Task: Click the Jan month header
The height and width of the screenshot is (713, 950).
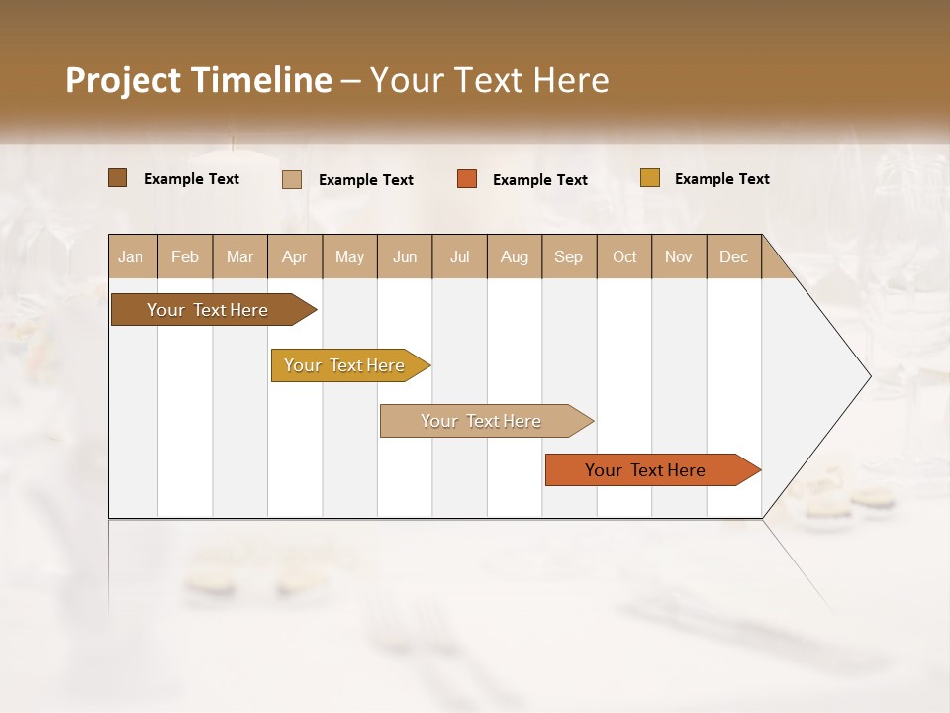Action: click(x=131, y=256)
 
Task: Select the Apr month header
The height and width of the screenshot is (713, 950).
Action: click(x=294, y=256)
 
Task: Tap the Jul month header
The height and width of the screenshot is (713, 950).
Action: click(x=459, y=256)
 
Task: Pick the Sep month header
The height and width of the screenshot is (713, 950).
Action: click(x=568, y=256)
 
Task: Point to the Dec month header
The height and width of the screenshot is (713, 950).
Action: click(x=733, y=256)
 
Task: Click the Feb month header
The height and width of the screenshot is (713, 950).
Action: click(x=185, y=256)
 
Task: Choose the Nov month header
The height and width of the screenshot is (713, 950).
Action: click(x=678, y=256)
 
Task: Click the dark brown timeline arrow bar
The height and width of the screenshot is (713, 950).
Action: click(x=208, y=310)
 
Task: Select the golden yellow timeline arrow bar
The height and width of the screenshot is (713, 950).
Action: click(x=344, y=365)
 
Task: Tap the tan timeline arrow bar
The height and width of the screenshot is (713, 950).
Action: click(x=481, y=421)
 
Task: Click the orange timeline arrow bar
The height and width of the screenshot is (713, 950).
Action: click(x=645, y=470)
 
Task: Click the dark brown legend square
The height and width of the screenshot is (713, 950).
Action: click(x=117, y=178)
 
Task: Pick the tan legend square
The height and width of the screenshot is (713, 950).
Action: click(x=292, y=179)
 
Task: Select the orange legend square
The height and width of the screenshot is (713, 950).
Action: click(x=467, y=179)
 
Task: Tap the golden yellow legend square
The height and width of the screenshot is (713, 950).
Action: click(x=649, y=178)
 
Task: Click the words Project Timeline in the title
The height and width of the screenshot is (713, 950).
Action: click(x=198, y=80)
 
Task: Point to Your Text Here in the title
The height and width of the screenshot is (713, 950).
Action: click(x=489, y=80)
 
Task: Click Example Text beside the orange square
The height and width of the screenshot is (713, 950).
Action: click(x=539, y=179)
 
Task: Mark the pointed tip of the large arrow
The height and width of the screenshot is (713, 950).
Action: click(x=868, y=376)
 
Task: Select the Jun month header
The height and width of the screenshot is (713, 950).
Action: click(x=405, y=256)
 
